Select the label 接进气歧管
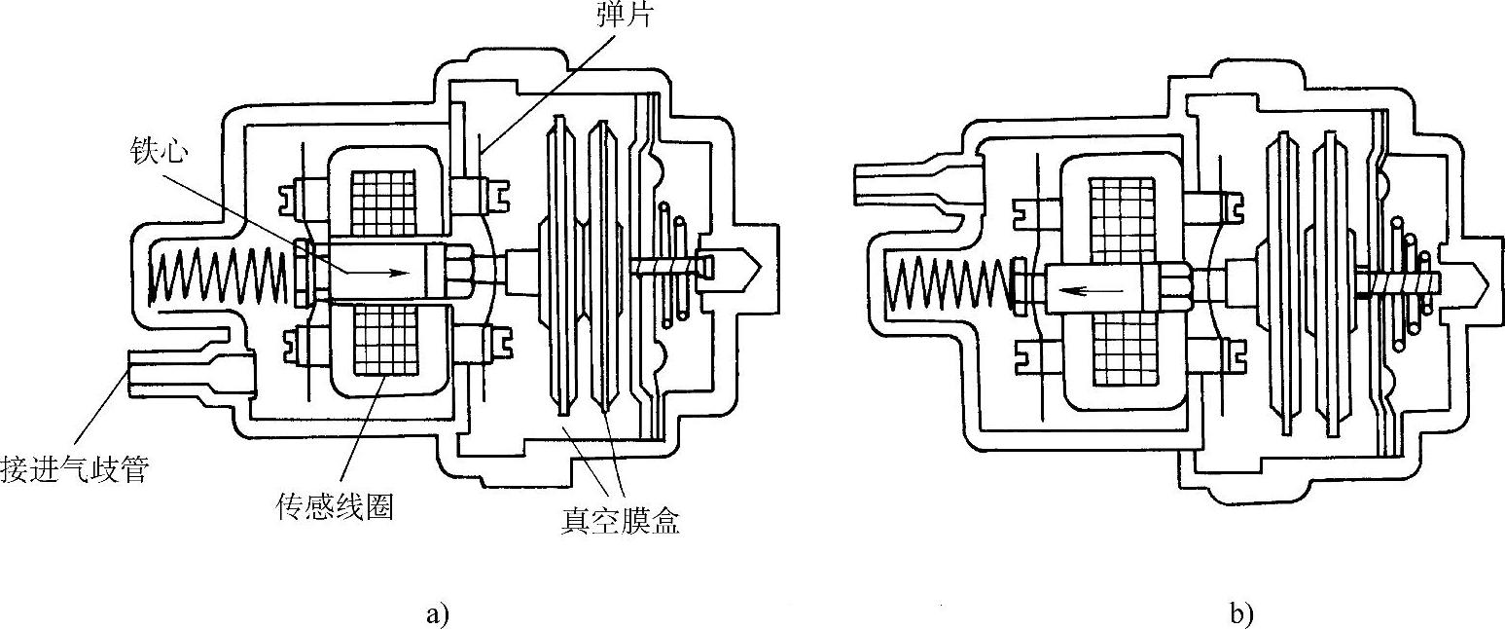(76, 470)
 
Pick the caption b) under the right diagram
(1241, 613)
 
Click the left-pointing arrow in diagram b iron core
(1089, 289)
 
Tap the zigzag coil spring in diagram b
(953, 289)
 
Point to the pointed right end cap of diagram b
(1479, 282)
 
